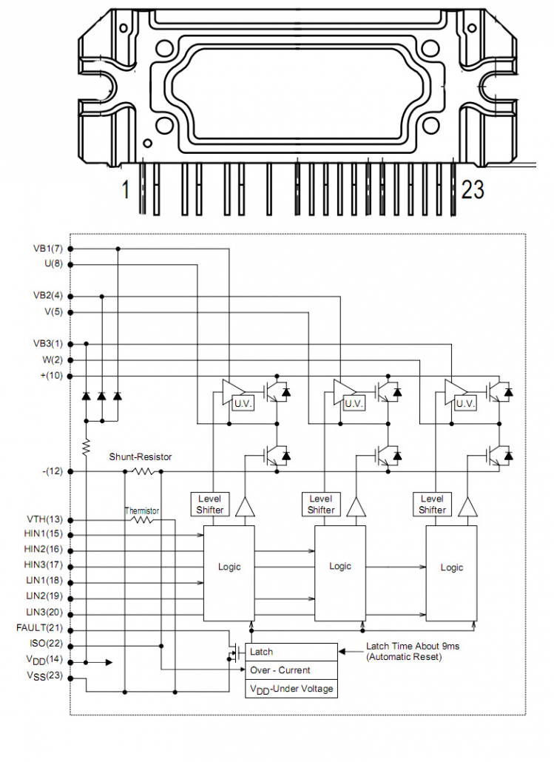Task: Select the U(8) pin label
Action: [x=52, y=263]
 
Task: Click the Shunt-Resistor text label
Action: [x=141, y=457]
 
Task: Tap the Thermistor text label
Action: [x=141, y=510]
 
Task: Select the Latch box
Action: [x=291, y=652]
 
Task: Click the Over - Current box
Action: [x=291, y=670]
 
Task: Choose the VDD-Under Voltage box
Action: [x=291, y=689]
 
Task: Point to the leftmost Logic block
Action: [x=229, y=567]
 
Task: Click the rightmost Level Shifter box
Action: [x=432, y=504]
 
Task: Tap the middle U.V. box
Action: [x=354, y=404]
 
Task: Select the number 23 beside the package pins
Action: [x=473, y=190]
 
